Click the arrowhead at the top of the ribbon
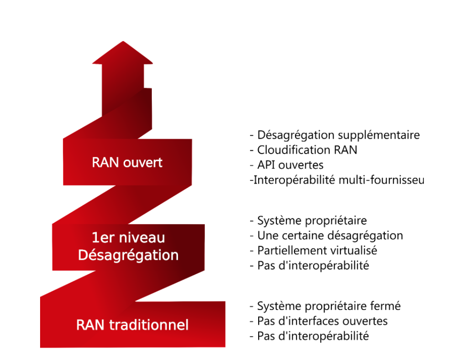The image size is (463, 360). (x=123, y=54)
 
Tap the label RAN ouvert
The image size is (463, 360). (x=127, y=162)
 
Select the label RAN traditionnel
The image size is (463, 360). (x=132, y=325)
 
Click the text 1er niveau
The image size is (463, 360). (x=127, y=238)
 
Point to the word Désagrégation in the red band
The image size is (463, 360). (x=128, y=255)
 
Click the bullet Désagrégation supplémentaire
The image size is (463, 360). (x=335, y=135)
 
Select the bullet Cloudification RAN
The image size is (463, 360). (x=304, y=150)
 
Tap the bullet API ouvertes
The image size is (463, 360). (x=286, y=165)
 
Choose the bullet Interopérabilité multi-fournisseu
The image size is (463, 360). (x=337, y=180)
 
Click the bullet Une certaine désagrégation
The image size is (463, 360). (x=326, y=236)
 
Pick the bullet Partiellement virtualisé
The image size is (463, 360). (x=313, y=250)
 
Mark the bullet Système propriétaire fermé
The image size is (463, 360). (x=325, y=306)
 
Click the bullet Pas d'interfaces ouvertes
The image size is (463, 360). (x=318, y=321)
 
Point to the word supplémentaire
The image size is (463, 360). (x=382, y=135)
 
